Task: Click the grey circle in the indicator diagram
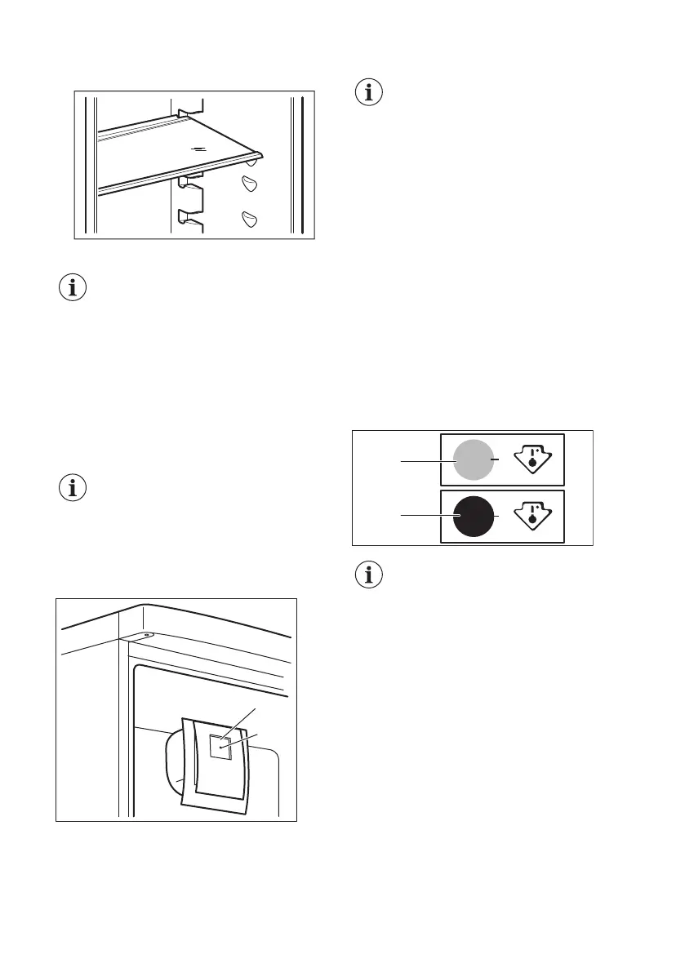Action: [x=473, y=459]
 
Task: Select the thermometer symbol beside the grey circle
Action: [x=531, y=461]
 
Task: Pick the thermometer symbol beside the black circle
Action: [x=531, y=517]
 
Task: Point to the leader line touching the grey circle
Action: [x=425, y=462]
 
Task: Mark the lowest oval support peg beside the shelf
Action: [x=250, y=218]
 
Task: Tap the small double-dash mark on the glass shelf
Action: [x=196, y=149]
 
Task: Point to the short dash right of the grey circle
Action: [x=496, y=459]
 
